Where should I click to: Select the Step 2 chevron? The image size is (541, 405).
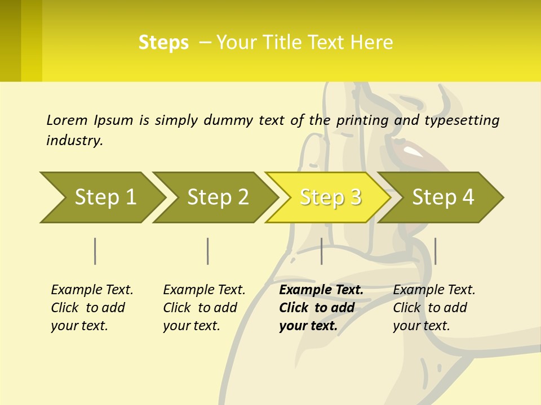(218, 197)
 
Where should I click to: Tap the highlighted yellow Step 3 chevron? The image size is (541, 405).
(330, 197)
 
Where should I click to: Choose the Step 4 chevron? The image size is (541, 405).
(443, 197)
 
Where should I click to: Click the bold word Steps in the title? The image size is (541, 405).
(163, 42)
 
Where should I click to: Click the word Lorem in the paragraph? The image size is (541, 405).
(66, 120)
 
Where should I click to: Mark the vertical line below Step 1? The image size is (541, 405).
(95, 251)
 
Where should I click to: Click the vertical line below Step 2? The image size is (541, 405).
(208, 251)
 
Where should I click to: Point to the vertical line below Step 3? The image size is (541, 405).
(322, 251)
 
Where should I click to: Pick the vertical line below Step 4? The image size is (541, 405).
(436, 251)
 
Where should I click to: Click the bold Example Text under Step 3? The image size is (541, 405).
(321, 290)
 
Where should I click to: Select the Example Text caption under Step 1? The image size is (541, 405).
(92, 290)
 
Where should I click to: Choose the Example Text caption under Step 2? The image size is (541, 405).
(204, 290)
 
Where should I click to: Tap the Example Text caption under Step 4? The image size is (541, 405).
(434, 290)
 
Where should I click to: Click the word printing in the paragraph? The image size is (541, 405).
(362, 120)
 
